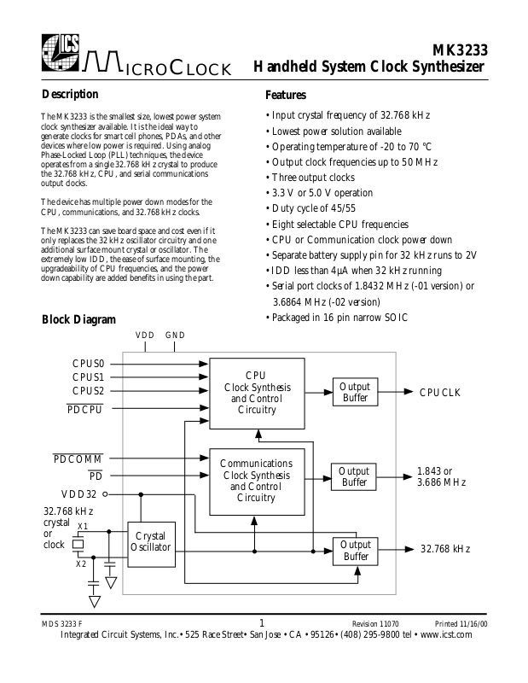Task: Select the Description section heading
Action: click(70, 94)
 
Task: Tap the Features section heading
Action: click(286, 95)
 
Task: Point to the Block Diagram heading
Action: click(78, 319)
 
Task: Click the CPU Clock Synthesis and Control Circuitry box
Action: click(256, 393)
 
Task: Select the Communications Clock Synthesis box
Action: click(256, 481)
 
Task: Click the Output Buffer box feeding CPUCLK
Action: click(355, 393)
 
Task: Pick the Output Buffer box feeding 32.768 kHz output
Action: click(355, 551)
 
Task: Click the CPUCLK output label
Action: click(439, 393)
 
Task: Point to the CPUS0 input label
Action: click(88, 362)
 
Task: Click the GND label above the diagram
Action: click(175, 336)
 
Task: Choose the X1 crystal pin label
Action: click(82, 526)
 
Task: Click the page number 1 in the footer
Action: click(263, 622)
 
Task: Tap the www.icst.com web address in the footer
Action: click(454, 635)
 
